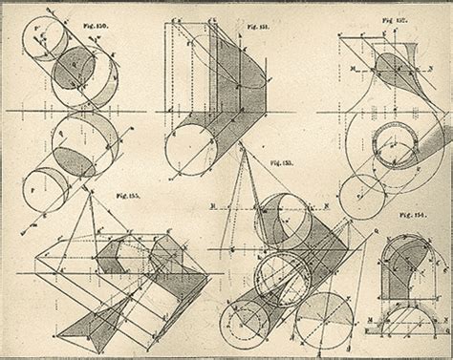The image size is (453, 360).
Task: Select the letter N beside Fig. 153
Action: (x=329, y=203)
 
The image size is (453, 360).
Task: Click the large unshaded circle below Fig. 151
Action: (x=190, y=148)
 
